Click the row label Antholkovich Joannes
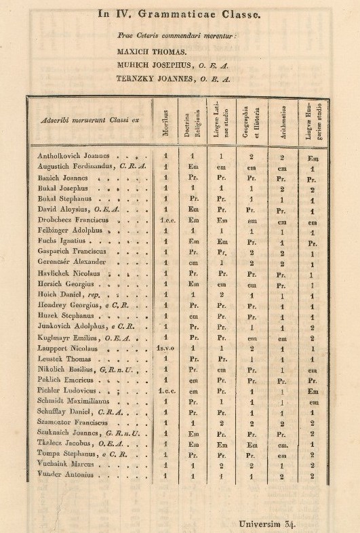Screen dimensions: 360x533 tap(67, 156)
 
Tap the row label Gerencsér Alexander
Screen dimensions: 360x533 tap(68, 263)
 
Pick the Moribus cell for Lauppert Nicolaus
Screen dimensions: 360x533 tap(166, 349)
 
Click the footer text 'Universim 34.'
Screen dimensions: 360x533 tap(269, 523)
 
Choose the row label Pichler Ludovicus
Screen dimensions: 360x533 tap(65, 391)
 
